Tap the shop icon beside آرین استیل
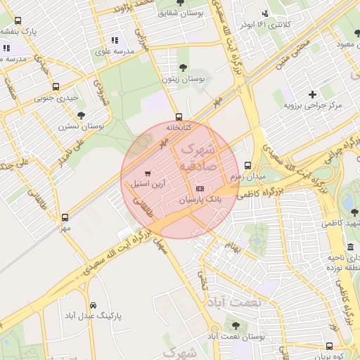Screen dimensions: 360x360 [x=147, y=173]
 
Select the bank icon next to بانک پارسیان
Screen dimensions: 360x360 [x=200, y=189]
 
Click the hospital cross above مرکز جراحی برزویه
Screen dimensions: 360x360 [x=312, y=94]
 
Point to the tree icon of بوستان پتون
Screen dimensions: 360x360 [x=183, y=67]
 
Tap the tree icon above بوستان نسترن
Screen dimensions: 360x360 [x=81, y=115]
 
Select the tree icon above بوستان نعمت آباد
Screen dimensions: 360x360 [x=236, y=326]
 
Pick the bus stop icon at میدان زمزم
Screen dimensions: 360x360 [x=247, y=166]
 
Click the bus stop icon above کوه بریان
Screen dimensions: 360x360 [x=329, y=346]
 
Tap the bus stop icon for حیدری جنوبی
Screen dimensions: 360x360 [x=56, y=87]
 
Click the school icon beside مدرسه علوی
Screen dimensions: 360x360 [x=115, y=40]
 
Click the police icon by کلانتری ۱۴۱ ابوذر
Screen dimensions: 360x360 [x=264, y=13]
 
